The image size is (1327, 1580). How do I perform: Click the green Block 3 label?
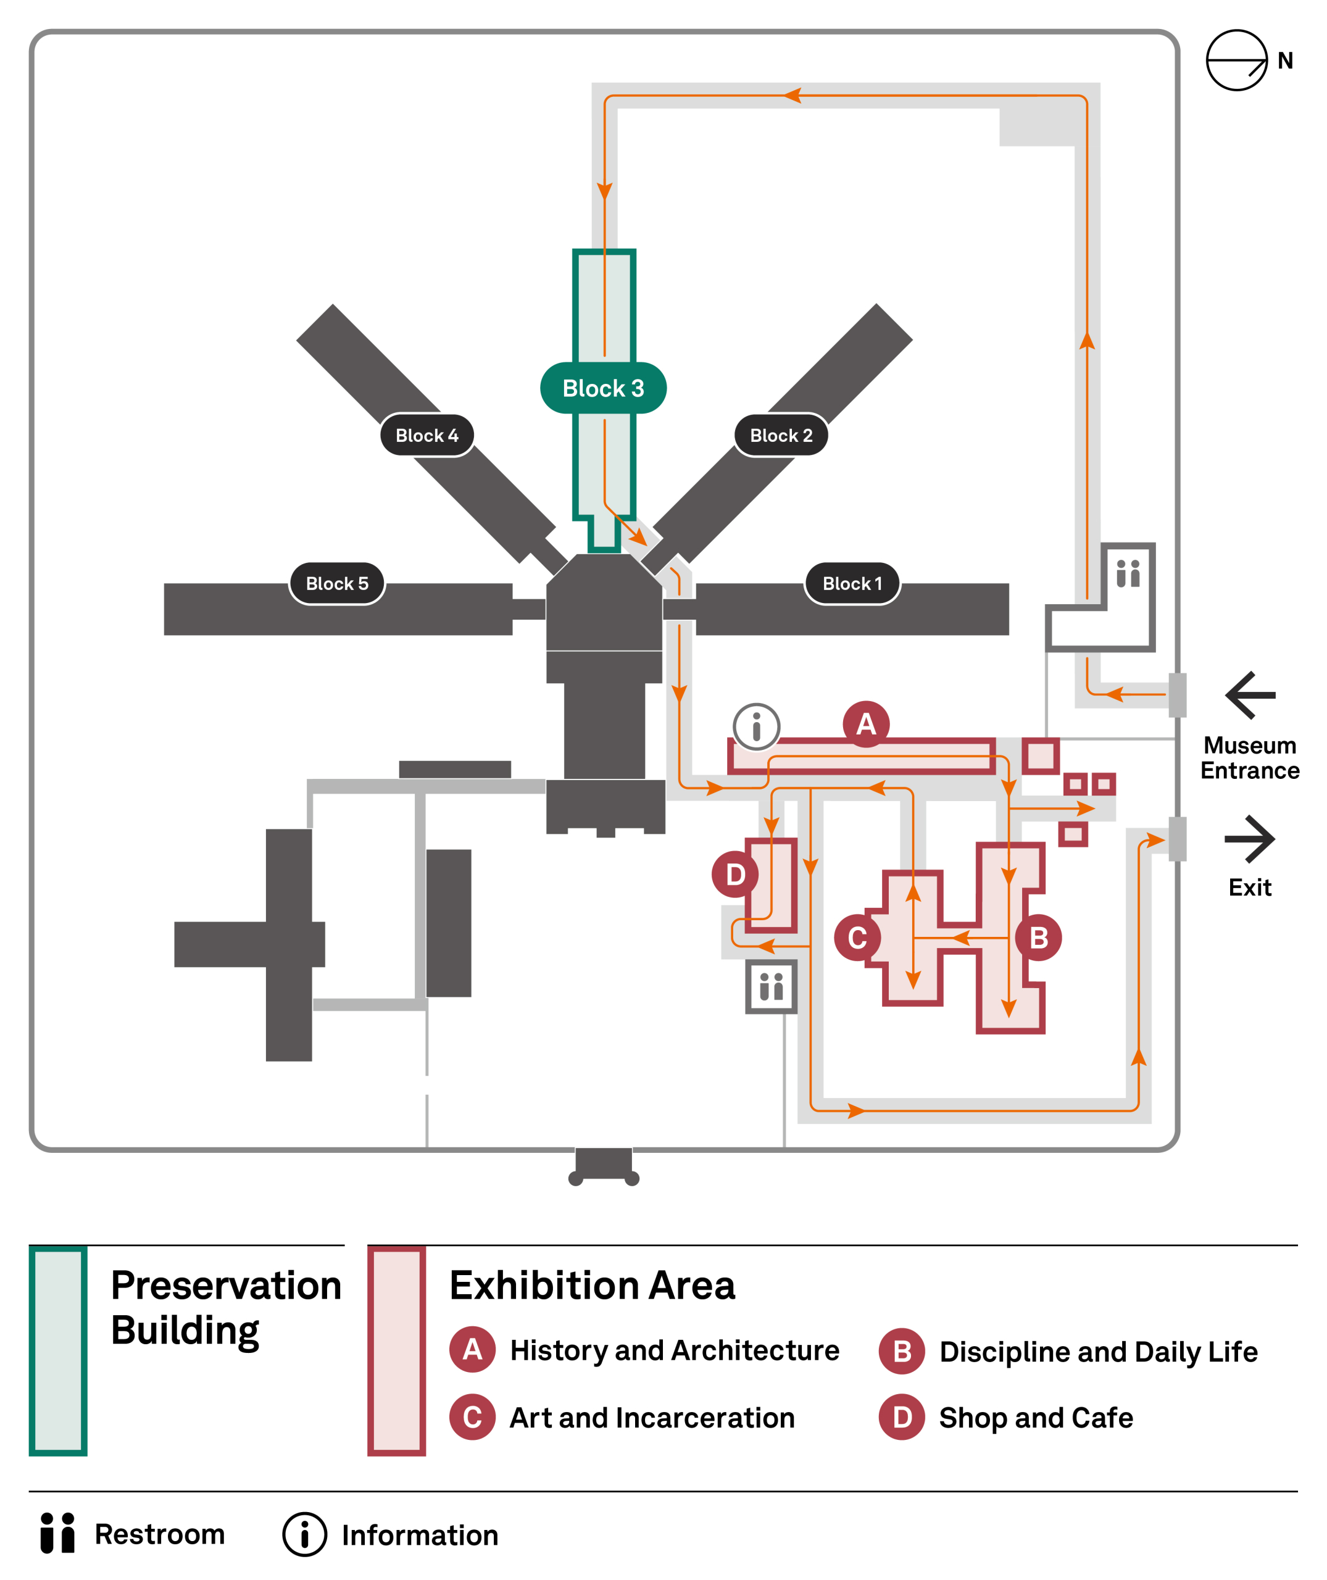pyautogui.click(x=603, y=388)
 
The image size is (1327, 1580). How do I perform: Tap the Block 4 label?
pyautogui.click(x=426, y=435)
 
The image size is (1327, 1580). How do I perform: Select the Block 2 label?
pyautogui.click(x=781, y=435)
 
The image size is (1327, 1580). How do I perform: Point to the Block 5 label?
pyautogui.click(x=337, y=583)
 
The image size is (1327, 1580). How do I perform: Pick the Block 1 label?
pyautogui.click(x=852, y=583)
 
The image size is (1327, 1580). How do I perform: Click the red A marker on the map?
pyautogui.click(x=866, y=724)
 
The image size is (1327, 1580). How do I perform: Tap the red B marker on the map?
pyautogui.click(x=1038, y=938)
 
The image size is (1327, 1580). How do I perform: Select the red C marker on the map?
pyautogui.click(x=857, y=938)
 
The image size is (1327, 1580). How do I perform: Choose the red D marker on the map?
pyautogui.click(x=735, y=875)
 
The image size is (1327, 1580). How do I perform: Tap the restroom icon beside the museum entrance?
pyautogui.click(x=1128, y=573)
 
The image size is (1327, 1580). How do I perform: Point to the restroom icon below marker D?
pyautogui.click(x=771, y=986)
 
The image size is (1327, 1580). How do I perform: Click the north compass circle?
pyautogui.click(x=1237, y=60)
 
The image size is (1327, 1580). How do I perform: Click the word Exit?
pyautogui.click(x=1249, y=888)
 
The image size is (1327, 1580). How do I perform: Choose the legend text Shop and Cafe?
pyautogui.click(x=1036, y=1418)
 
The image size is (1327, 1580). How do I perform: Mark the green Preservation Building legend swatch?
pyautogui.click(x=58, y=1350)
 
